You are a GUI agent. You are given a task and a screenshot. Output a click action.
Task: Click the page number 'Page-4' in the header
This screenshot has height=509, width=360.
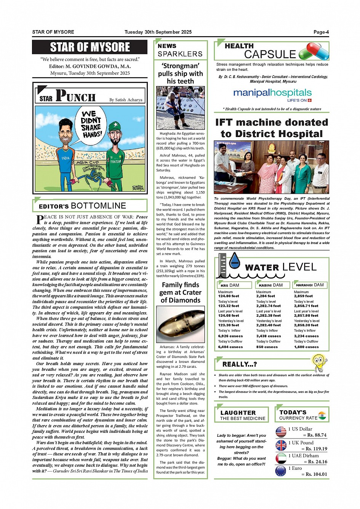(321, 32)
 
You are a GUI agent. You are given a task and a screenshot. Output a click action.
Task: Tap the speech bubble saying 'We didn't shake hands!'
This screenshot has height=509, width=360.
(91, 124)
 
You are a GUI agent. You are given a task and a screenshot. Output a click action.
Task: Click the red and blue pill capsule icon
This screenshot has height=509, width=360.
(314, 51)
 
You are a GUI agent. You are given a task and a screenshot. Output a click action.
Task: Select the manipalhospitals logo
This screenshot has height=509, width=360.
(272, 94)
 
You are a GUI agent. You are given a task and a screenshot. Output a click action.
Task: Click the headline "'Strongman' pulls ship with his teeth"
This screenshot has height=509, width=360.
(180, 73)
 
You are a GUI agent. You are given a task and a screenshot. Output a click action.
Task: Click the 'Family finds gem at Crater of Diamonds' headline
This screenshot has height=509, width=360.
(180, 292)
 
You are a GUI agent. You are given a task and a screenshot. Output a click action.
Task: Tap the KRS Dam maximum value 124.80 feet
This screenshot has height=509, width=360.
(229, 296)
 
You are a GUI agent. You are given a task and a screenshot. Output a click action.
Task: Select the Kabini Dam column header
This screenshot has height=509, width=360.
(271, 285)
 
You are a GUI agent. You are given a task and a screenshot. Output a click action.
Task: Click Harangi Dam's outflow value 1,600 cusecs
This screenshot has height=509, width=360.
(306, 347)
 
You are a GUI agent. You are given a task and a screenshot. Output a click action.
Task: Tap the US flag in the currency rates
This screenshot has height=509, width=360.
(281, 432)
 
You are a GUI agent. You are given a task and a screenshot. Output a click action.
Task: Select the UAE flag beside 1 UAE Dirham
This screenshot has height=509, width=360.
(281, 458)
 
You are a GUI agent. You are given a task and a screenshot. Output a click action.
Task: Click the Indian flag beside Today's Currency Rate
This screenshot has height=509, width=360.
(322, 415)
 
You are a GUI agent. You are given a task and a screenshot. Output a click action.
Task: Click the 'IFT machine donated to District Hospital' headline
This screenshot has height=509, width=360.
(272, 128)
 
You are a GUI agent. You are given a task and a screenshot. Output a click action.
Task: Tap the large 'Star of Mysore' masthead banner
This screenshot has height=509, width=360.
(90, 47)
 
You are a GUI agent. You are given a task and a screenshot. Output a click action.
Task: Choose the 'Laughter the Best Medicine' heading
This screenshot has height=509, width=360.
(243, 415)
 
